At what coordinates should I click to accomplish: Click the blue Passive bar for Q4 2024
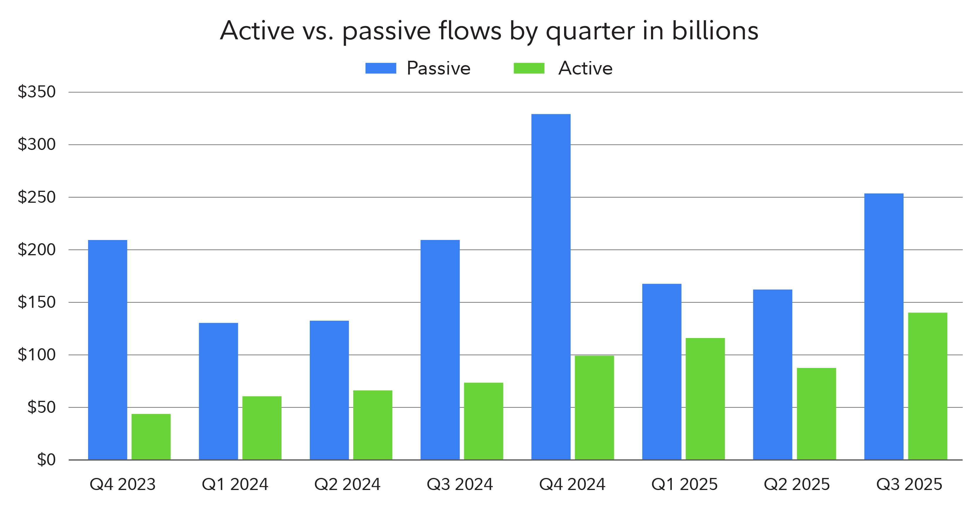[x=551, y=287]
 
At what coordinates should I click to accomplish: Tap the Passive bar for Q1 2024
[x=218, y=391]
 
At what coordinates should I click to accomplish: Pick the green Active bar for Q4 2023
[x=151, y=437]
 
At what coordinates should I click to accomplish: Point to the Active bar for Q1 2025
[x=705, y=399]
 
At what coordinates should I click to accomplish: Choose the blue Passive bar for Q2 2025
[x=773, y=375]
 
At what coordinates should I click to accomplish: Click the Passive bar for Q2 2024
[x=329, y=390]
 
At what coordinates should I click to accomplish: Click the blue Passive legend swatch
[x=381, y=68]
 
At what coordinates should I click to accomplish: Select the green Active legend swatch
[x=529, y=68]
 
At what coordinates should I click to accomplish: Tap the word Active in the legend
[x=585, y=68]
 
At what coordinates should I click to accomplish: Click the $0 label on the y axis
[x=46, y=460]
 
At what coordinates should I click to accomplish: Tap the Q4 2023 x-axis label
[x=123, y=484]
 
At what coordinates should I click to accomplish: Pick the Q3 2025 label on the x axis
[x=909, y=484]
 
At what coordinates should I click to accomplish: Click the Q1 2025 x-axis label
[x=684, y=484]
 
